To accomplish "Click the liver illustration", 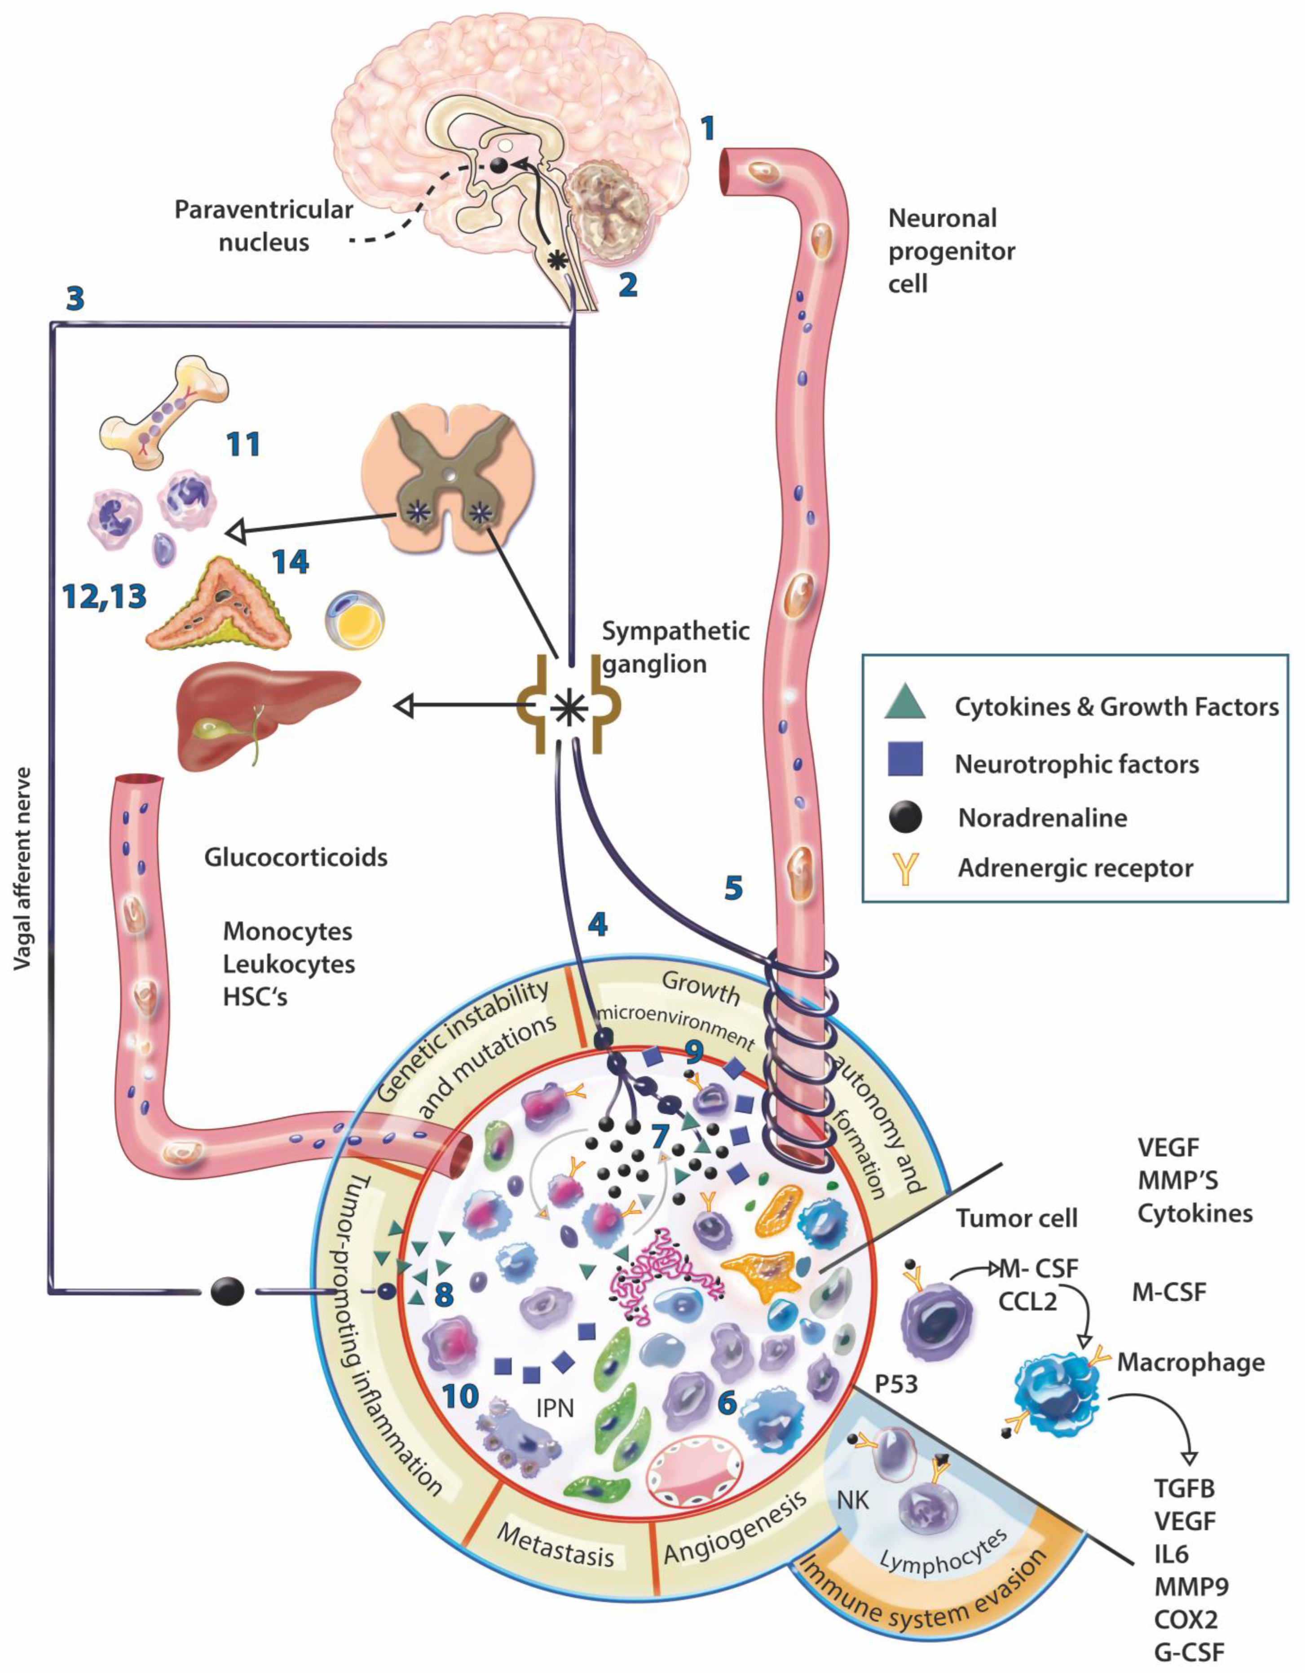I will [x=264, y=712].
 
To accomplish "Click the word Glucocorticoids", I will [x=295, y=856].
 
